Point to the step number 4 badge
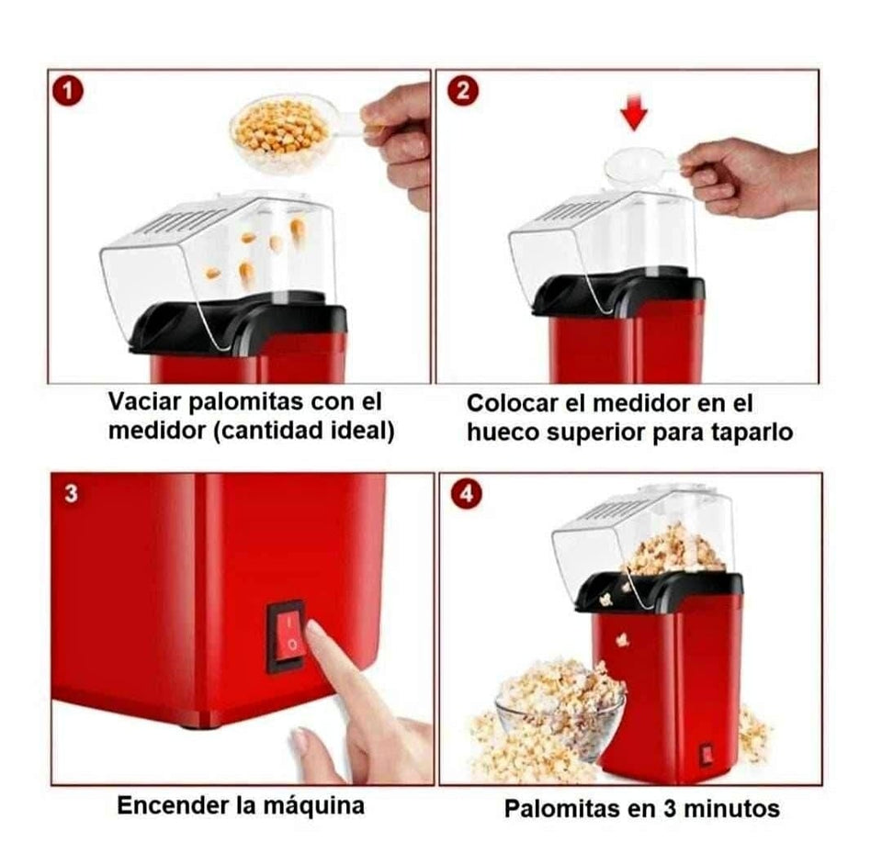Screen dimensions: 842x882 click(468, 493)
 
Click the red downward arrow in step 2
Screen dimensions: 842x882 click(634, 113)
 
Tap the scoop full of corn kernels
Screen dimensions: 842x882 click(280, 134)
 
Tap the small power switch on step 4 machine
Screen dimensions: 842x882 click(707, 754)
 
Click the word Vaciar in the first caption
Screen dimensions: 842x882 click(148, 402)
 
